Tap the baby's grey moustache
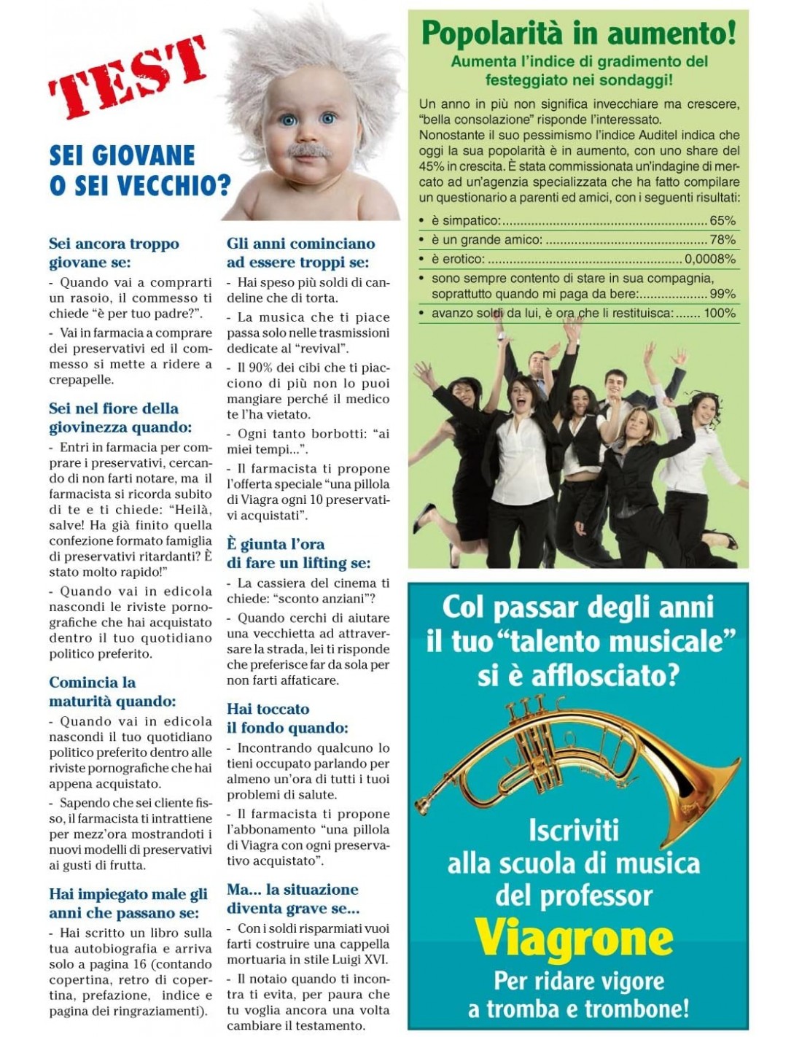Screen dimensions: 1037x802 click(x=307, y=150)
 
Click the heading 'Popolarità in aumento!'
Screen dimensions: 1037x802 click(x=578, y=33)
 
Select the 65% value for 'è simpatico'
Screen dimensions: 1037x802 click(x=722, y=220)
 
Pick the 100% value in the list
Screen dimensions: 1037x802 click(x=720, y=313)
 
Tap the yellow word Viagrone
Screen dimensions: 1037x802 click(x=574, y=937)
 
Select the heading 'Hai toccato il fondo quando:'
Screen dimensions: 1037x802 click(x=287, y=718)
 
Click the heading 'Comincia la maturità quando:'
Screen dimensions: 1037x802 click(x=112, y=691)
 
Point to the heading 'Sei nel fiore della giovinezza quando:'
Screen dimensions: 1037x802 click(x=120, y=417)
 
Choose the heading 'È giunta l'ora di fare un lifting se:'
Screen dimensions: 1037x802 click(x=298, y=554)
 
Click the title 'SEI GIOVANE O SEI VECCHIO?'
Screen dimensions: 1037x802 click(x=139, y=170)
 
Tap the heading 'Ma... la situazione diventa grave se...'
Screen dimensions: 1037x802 click(x=292, y=898)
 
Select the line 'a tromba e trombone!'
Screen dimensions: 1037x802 click(x=578, y=1009)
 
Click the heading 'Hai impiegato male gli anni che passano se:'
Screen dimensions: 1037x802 click(x=128, y=903)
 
